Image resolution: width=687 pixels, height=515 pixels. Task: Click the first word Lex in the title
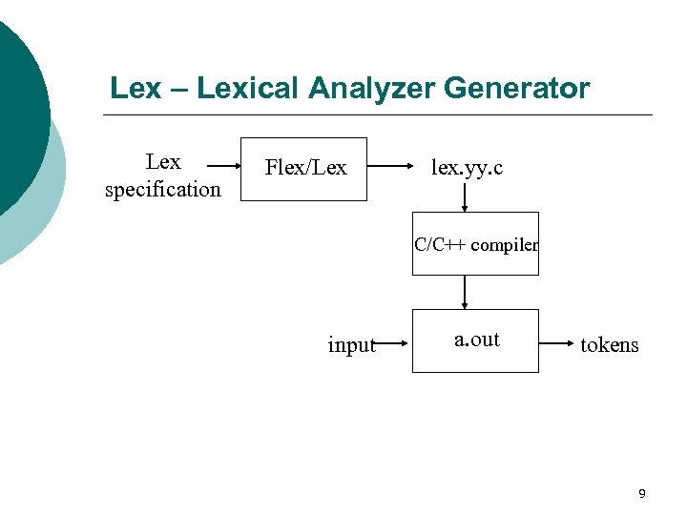click(135, 89)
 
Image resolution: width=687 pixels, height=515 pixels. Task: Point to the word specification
click(162, 189)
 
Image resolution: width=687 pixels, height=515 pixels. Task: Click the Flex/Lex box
click(303, 169)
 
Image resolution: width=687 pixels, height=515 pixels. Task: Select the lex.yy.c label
click(467, 168)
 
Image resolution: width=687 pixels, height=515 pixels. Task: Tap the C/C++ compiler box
click(475, 244)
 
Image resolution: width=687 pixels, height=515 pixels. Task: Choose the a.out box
click(475, 340)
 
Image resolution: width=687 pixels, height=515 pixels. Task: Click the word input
click(351, 345)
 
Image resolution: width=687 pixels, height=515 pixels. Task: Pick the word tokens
click(610, 344)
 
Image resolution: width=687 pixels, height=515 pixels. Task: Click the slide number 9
click(641, 493)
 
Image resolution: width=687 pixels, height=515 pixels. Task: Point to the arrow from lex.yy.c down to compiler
click(465, 197)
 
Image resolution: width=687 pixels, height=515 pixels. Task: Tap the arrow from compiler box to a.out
click(465, 292)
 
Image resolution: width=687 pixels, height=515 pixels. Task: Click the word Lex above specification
click(163, 162)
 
